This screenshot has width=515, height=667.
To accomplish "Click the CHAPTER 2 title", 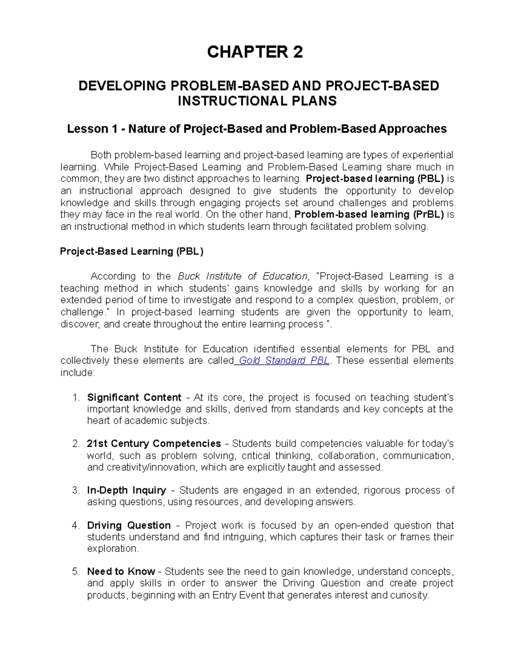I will (255, 52).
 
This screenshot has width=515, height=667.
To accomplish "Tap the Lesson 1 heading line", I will (257, 129).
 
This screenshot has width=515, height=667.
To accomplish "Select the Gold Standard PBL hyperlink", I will (284, 360).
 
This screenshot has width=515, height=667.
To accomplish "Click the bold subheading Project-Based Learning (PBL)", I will (132, 251).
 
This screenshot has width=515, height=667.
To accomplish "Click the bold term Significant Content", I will (134, 397).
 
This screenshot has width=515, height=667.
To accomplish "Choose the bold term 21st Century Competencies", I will (154, 443).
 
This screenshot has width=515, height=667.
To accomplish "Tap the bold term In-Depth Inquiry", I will (127, 490).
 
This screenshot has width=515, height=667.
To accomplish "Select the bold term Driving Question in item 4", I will (129, 525).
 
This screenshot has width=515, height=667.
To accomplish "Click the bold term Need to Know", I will (121, 571).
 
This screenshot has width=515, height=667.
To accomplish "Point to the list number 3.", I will (76, 490).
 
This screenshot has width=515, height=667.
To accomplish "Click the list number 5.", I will (76, 571).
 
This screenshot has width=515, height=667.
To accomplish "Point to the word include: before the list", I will (78, 372).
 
